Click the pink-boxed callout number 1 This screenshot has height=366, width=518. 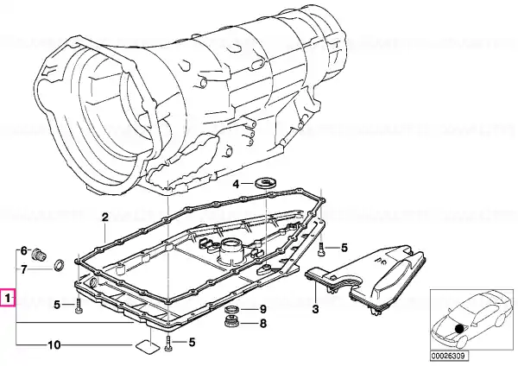7,299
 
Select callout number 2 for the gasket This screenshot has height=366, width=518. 104,218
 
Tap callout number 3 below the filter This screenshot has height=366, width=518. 315,310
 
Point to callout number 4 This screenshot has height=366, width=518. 236,184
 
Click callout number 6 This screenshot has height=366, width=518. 24,251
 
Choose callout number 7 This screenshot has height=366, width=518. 23,270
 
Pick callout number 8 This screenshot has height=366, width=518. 263,324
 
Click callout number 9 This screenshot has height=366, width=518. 263,309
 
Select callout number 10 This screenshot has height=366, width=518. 54,345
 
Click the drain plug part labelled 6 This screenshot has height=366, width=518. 40,255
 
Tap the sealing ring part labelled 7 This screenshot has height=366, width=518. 60,265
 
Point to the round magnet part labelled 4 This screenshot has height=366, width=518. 266,182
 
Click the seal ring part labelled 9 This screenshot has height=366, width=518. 232,310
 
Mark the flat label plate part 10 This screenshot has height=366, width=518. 147,346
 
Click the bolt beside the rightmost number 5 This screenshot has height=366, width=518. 322,248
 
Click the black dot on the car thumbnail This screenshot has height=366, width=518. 458,329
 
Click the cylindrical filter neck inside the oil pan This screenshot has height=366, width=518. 232,252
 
